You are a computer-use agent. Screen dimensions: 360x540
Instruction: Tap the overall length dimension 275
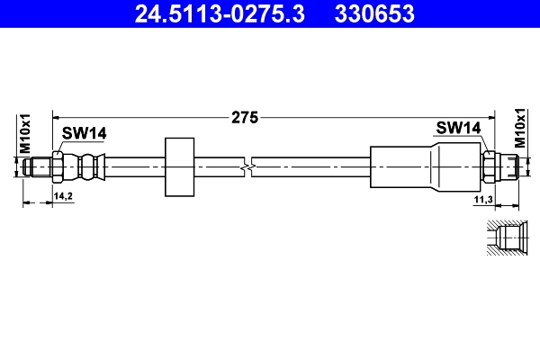[x=245, y=116]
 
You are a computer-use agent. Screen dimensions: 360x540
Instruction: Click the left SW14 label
[x=84, y=133]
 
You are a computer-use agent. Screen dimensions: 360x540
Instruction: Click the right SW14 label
[x=458, y=128]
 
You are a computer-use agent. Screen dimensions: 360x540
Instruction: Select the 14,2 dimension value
[x=64, y=194]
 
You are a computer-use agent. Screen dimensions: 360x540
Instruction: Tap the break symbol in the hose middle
[x=249, y=166]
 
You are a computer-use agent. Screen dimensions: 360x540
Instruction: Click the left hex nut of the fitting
[x=58, y=166]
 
